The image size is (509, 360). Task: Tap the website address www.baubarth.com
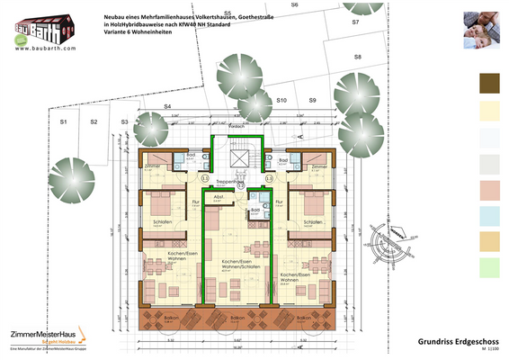tap(38, 49)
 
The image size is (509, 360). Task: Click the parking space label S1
tap(64, 121)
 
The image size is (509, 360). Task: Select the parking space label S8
tap(357, 57)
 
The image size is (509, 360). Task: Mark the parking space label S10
tap(281, 101)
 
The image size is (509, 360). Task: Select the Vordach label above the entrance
tap(236, 126)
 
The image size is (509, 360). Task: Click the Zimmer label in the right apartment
tap(315, 167)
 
